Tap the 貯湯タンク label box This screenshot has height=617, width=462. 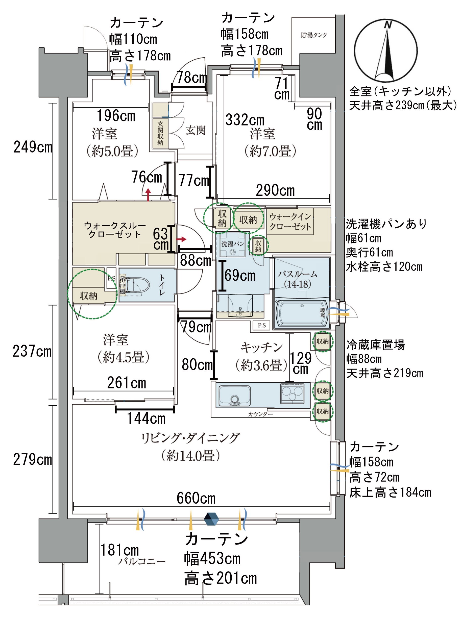pyautogui.click(x=313, y=35)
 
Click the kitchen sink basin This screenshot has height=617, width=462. pyautogui.click(x=234, y=396)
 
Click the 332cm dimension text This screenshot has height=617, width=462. pyautogui.click(x=245, y=120)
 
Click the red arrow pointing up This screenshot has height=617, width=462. pyautogui.click(x=148, y=195)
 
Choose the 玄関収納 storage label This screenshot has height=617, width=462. pyautogui.click(x=160, y=133)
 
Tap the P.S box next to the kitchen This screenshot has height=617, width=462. pyautogui.click(x=261, y=325)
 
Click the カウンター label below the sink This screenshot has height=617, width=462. pyautogui.click(x=260, y=414)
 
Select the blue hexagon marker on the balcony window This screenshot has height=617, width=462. pyautogui.click(x=211, y=519)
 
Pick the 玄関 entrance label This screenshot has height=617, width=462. pyautogui.click(x=196, y=130)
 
